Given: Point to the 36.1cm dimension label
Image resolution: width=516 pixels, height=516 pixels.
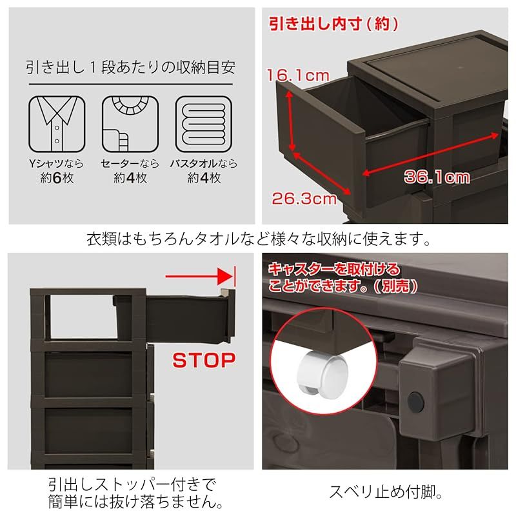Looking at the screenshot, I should coord(437,176).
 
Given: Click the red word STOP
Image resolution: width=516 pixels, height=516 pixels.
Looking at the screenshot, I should coord(203,359).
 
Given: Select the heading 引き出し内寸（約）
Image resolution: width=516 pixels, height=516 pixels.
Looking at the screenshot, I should coord(333,24).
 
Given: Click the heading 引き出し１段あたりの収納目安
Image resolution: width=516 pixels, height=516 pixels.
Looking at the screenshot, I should coord(130,66).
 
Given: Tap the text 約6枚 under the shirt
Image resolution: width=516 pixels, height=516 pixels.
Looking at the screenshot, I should coord(57,178).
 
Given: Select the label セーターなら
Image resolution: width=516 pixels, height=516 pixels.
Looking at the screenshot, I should coord(130,164).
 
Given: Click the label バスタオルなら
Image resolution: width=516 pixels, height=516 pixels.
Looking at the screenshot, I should coord(204,164).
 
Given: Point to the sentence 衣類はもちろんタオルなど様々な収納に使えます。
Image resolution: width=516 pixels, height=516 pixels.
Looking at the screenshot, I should coord(258,239).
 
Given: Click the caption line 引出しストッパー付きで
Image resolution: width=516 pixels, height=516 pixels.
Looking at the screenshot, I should coord(132,484).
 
